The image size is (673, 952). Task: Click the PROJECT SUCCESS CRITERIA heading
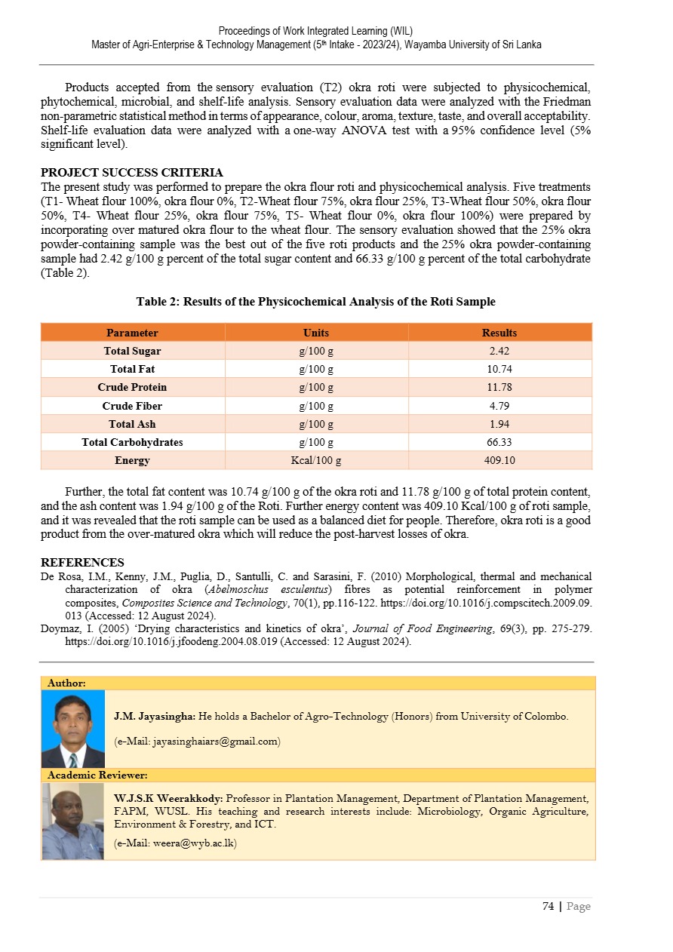click(x=131, y=172)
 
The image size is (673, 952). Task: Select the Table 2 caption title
click(x=315, y=302)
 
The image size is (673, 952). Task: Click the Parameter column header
click(x=132, y=333)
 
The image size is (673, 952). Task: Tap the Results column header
click(x=499, y=333)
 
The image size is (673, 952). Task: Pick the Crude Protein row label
click(x=132, y=387)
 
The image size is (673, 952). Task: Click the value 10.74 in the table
click(x=499, y=369)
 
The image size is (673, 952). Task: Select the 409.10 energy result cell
click(x=499, y=460)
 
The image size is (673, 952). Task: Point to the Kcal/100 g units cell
click(x=316, y=460)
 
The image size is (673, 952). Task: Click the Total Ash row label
click(x=132, y=424)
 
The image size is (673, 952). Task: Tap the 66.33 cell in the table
click(x=499, y=442)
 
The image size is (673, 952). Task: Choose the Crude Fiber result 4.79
click(x=499, y=406)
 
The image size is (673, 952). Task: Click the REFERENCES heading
click(x=82, y=563)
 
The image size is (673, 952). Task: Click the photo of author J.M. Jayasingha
click(x=73, y=729)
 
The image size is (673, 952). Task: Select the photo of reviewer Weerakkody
click(x=72, y=821)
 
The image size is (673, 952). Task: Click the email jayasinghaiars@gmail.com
click(x=197, y=742)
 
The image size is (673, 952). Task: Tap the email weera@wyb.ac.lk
click(x=175, y=843)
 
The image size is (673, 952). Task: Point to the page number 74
click(x=549, y=907)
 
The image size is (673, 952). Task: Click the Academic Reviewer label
click(x=97, y=775)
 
